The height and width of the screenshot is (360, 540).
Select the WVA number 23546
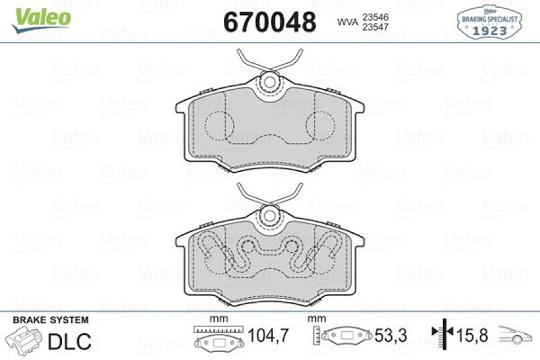click(375, 16)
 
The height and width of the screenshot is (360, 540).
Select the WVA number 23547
click(375, 27)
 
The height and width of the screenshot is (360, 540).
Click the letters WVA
click(347, 22)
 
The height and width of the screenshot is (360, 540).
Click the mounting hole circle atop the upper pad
click(270, 82)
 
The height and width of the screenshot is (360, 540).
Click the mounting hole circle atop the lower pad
click(270, 214)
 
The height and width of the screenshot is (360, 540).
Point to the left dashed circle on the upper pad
click(219, 125)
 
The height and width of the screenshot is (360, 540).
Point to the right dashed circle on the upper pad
click(320, 125)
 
